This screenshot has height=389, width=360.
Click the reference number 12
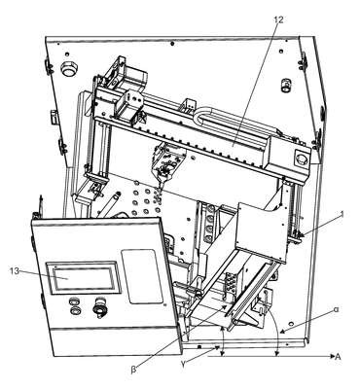pyautogui.click(x=278, y=19)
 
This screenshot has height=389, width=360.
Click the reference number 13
pyautogui.click(x=15, y=271)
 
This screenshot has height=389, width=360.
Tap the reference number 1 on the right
pyautogui.click(x=342, y=214)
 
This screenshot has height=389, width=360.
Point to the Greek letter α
pyautogui.click(x=336, y=310)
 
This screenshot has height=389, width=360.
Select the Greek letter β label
pyautogui.click(x=133, y=371)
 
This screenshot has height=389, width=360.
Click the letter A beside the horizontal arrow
pyautogui.click(x=338, y=357)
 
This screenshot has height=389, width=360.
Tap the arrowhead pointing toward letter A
pyautogui.click(x=332, y=356)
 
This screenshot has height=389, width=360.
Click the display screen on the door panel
pyautogui.click(x=84, y=278)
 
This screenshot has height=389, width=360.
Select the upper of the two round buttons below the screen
pyautogui.click(x=74, y=301)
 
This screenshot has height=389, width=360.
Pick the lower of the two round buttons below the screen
pyautogui.click(x=75, y=310)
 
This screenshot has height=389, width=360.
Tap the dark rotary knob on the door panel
pyautogui.click(x=98, y=307)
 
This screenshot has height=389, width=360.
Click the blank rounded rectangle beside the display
pyautogui.click(x=141, y=276)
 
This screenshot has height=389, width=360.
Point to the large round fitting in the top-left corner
pyautogui.click(x=69, y=68)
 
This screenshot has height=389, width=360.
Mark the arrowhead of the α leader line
pyautogui.click(x=282, y=332)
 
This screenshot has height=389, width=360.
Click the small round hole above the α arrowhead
pyautogui.click(x=291, y=324)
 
